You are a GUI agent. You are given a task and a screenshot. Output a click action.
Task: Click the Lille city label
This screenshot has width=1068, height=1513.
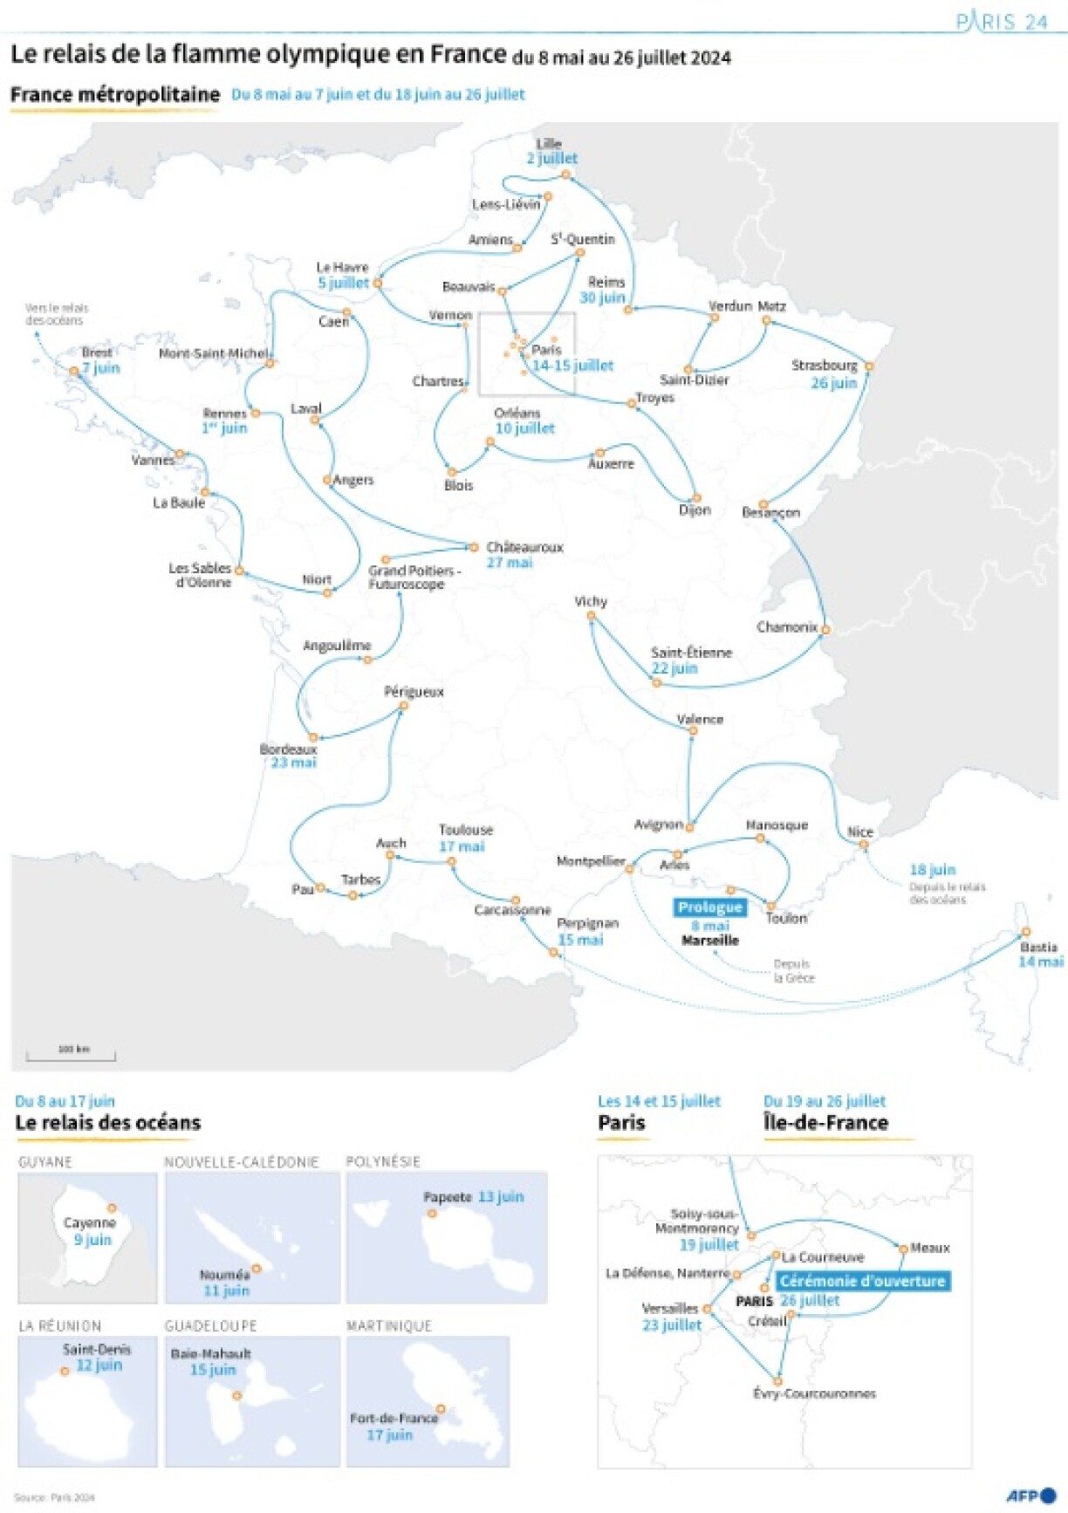coord(549,143)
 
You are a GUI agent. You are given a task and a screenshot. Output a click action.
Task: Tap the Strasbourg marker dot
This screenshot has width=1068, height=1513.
coord(869,366)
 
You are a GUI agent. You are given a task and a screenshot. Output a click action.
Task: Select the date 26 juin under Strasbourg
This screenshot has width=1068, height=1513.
coord(834,383)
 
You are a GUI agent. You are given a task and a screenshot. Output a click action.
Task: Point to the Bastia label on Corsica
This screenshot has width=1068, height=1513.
coord(1038,947)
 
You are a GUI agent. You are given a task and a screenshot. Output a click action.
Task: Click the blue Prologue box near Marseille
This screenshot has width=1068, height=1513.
coord(710,907)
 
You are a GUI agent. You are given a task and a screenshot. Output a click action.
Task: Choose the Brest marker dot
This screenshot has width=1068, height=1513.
coord(74,371)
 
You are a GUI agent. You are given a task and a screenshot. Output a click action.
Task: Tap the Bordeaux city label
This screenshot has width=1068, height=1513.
coord(289,749)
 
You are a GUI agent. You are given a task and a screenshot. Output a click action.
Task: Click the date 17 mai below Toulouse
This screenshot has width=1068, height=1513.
coord(462,846)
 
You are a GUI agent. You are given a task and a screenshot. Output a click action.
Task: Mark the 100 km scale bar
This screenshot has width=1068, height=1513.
coord(71,1056)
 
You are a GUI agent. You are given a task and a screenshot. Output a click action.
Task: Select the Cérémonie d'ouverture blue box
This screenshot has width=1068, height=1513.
coord(862,1281)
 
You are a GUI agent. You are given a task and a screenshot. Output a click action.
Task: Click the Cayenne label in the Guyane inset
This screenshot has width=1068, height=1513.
coord(90,1222)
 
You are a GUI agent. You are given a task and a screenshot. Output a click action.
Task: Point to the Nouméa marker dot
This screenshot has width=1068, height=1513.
coord(257,1269)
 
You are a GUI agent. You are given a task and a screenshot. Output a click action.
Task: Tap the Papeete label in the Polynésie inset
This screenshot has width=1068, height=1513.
coord(448,1197)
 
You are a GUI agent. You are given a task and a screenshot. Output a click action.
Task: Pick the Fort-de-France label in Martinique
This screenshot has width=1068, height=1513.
coord(394,1418)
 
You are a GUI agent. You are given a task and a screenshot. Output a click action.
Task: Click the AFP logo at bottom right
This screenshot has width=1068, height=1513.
coord(1030,1496)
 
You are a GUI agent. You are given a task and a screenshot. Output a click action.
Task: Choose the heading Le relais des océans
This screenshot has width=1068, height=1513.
coord(108,1123)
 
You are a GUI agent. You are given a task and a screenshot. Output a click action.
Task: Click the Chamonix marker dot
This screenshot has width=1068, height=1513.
coord(825,629)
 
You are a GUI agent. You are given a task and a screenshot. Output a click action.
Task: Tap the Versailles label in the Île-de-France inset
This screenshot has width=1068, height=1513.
coord(670,1308)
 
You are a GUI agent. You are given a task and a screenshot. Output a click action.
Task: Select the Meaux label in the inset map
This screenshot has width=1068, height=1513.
coord(930,1248)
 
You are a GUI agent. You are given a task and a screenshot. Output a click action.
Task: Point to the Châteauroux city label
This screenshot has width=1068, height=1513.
coord(525,547)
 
